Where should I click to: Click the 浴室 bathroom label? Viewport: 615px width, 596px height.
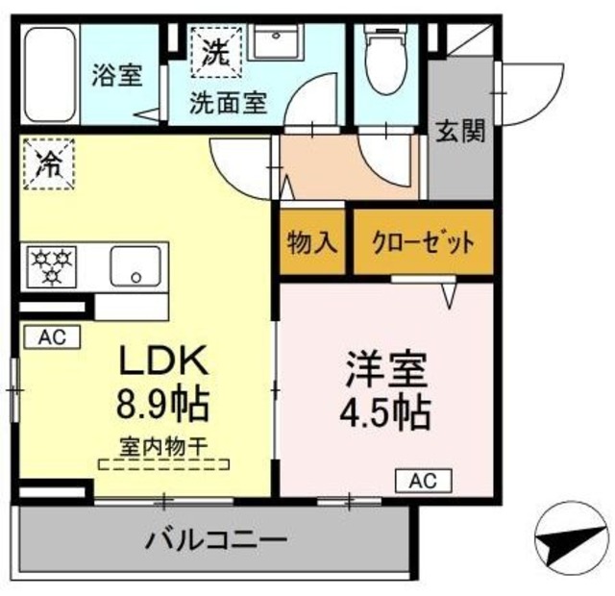(x=118, y=76)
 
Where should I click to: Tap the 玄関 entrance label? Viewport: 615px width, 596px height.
(x=460, y=132)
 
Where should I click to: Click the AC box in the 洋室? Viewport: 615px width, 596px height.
(x=423, y=480)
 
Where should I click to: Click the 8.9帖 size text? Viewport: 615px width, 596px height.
(x=163, y=404)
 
